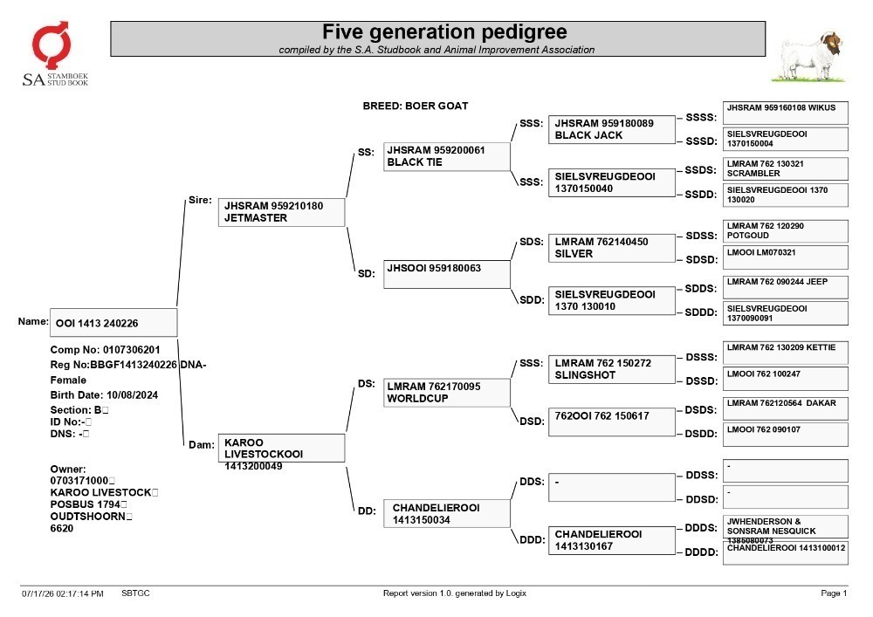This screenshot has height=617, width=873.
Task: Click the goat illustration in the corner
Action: pyautogui.click(x=808, y=57)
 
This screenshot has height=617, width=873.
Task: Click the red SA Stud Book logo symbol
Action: pyautogui.click(x=52, y=45)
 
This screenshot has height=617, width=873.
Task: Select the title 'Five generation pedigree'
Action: pyautogui.click(x=444, y=31)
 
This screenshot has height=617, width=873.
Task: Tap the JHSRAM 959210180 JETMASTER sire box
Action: pyautogui.click(x=281, y=212)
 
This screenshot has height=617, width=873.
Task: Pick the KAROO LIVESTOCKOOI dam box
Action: pyautogui.click(x=281, y=448)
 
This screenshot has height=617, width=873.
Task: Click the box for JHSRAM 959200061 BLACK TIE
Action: pyautogui.click(x=446, y=156)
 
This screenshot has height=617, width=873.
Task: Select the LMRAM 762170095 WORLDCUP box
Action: pyautogui.click(x=446, y=392)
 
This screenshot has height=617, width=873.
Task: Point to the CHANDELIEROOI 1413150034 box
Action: pyautogui.click(x=446, y=513)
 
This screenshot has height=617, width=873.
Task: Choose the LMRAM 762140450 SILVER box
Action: pyautogui.click(x=612, y=248)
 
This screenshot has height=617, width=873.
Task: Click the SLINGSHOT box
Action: pyautogui.click(x=612, y=369)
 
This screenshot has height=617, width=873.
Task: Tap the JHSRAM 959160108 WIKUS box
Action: pyautogui.click(x=786, y=113)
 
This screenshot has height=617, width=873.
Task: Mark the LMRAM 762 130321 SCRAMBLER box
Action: pyautogui.click(x=786, y=168)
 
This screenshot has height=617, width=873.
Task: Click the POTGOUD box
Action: pyautogui.click(x=786, y=231)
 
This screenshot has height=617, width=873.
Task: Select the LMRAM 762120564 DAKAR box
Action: pyautogui.click(x=786, y=408)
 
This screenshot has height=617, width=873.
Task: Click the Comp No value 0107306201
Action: pyautogui.click(x=132, y=350)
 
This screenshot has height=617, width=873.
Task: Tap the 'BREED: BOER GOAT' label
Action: pyautogui.click(x=416, y=106)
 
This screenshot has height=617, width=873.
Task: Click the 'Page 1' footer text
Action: pyautogui.click(x=834, y=593)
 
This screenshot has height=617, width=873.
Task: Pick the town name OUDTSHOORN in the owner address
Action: pyautogui.click(x=88, y=517)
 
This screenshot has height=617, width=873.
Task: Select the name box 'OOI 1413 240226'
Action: pyautogui.click(x=113, y=323)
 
